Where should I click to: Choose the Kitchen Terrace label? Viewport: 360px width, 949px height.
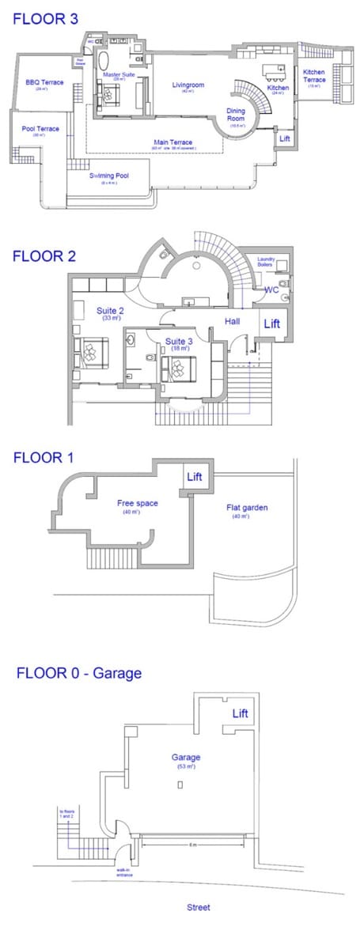pyautogui.click(x=315, y=76)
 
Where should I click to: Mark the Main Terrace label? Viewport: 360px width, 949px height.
pyautogui.click(x=172, y=142)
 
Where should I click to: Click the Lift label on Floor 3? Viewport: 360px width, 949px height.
pyautogui.click(x=285, y=138)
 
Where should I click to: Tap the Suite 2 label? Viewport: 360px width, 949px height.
pyautogui.click(x=110, y=311)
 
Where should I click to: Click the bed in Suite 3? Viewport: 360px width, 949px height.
pyautogui.click(x=180, y=365)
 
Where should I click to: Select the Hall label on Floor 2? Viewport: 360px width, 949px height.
pyautogui.click(x=232, y=322)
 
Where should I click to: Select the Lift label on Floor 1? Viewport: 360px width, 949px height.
pyautogui.click(x=195, y=477)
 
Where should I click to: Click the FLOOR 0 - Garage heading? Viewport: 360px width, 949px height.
pyautogui.click(x=78, y=673)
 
